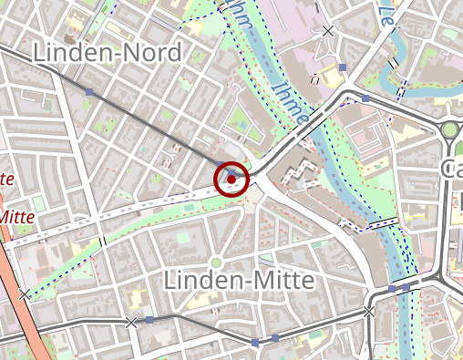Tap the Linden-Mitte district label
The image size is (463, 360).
pos(238,280)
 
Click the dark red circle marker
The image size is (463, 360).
pos(232,177)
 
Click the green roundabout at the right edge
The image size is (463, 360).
pos(450,131)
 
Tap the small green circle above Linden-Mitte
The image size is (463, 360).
pos(216,263)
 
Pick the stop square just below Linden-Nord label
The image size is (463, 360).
pos(89,92)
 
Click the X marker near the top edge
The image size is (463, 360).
pos(328,32)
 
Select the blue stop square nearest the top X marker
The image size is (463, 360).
pos(343,67)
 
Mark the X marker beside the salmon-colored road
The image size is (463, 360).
pos(24,293)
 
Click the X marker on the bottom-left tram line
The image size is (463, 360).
pos(131,322)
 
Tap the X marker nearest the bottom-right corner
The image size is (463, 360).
pos(369,312)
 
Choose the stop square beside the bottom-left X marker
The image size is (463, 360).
pos(149,321)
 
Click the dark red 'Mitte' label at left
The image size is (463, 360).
pos(18,217)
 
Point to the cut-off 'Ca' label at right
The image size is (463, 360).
pos(451,169)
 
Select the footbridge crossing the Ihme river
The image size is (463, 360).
pos(384,221)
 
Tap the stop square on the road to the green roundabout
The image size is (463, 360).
pos(365,98)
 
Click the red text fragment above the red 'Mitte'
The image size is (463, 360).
pos(6,179)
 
